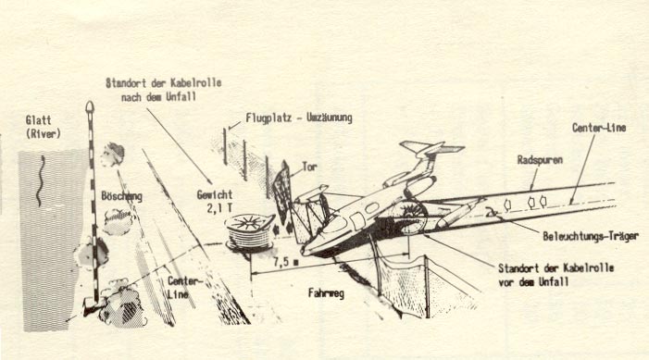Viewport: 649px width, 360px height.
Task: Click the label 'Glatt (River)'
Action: pyautogui.click(x=43, y=127)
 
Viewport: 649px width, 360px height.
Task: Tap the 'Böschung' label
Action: pyautogui.click(x=121, y=195)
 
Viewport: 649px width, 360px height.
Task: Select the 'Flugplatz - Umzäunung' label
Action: pyautogui.click(x=299, y=118)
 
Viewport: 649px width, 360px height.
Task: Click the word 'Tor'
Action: pyautogui.click(x=309, y=167)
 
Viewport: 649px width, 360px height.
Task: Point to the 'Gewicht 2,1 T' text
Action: pyautogui.click(x=215, y=201)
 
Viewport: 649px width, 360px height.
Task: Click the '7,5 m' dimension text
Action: pyautogui.click(x=285, y=262)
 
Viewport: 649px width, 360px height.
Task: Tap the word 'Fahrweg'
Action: pyautogui.click(x=326, y=293)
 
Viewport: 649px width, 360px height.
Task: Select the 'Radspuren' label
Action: pyautogui.click(x=540, y=160)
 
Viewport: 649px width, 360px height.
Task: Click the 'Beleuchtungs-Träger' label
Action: pyautogui.click(x=591, y=236)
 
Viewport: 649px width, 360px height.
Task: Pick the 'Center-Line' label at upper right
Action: pyautogui.click(x=599, y=128)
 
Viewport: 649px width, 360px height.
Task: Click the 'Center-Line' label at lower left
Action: pyautogui.click(x=184, y=288)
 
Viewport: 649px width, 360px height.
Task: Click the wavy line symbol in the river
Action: pyautogui.click(x=41, y=180)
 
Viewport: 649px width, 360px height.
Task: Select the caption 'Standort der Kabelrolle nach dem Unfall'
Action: pyautogui.click(x=164, y=90)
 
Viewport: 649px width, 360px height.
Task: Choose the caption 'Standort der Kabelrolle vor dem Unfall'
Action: pyautogui.click(x=555, y=275)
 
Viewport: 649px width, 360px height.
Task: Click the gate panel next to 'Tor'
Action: pyautogui.click(x=282, y=192)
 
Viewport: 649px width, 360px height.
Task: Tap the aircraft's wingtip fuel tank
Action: pyautogui.click(x=458, y=212)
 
